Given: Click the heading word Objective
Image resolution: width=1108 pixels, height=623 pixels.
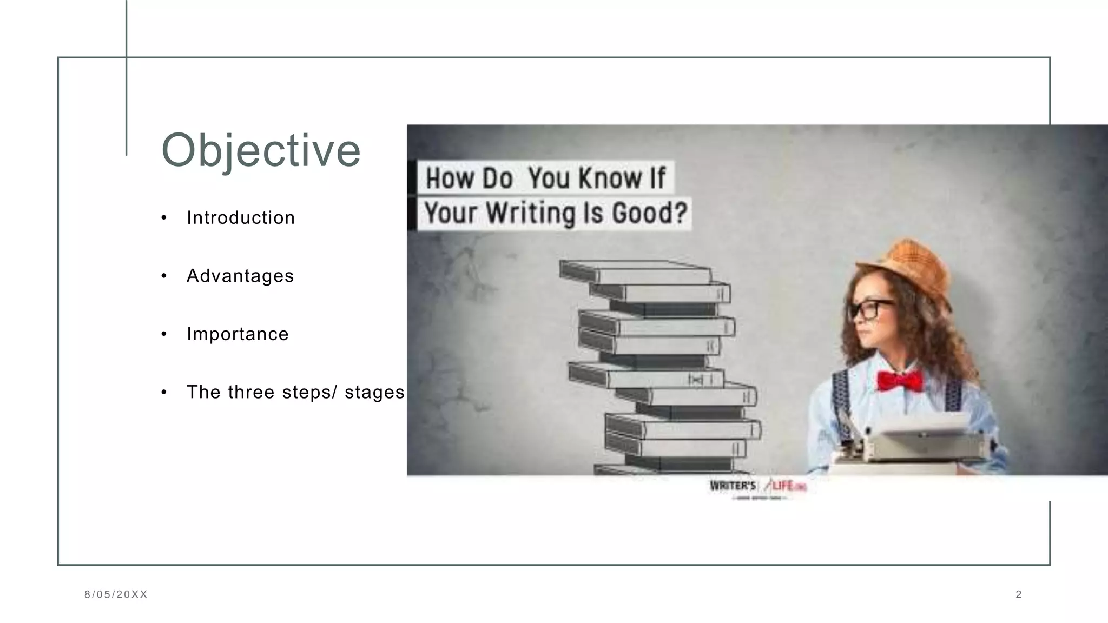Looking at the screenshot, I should tap(261, 150).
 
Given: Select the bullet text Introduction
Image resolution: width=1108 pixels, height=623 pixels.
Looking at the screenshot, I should tap(241, 217).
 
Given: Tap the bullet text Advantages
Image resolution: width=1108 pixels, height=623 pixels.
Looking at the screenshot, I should tap(240, 276).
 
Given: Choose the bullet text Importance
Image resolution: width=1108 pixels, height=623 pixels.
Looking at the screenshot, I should tap(238, 334).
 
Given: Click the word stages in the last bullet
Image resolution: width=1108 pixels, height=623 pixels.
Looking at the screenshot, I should tap(374, 392).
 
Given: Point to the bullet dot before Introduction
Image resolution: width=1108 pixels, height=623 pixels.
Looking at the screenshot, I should tap(164, 218).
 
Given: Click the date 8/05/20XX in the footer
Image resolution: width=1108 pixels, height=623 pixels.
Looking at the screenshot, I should tap(116, 594).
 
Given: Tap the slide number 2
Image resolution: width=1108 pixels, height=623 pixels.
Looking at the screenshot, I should tap(1019, 594).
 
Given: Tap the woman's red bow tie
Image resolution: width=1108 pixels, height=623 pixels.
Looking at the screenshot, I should tap(900, 380).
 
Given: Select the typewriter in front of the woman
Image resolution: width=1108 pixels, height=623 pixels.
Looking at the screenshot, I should tap(920, 441).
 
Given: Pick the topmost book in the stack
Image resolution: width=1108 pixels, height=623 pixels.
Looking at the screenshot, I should tap(636, 272).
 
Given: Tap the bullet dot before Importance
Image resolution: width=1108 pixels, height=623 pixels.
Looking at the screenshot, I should tap(164, 334).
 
